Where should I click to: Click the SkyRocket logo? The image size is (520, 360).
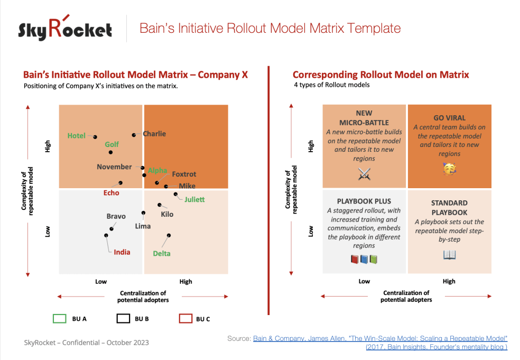click(65, 29)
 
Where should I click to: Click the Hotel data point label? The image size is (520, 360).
click(77, 136)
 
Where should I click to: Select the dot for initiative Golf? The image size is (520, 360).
click(110, 152)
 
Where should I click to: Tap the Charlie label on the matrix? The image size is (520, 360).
click(154, 134)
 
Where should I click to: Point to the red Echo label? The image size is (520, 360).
click(111, 193)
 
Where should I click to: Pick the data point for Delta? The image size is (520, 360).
click(169, 235)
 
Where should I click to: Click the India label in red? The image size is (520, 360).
click(122, 252)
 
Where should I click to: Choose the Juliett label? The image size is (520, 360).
click(194, 200)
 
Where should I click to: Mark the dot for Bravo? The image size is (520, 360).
click(112, 229)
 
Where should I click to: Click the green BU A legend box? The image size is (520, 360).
click(60, 319)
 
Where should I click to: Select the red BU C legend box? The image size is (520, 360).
click(185, 319)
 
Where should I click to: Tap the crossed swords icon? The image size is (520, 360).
click(364, 173)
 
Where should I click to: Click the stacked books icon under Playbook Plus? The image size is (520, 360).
click(364, 260)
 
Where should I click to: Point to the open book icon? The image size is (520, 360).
click(449, 255)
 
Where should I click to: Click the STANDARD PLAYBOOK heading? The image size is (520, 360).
click(449, 207)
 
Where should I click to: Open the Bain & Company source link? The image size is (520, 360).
click(380, 338)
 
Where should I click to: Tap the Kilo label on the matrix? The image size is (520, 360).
click(167, 215)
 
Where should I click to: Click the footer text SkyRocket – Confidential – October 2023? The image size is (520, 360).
click(87, 343)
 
